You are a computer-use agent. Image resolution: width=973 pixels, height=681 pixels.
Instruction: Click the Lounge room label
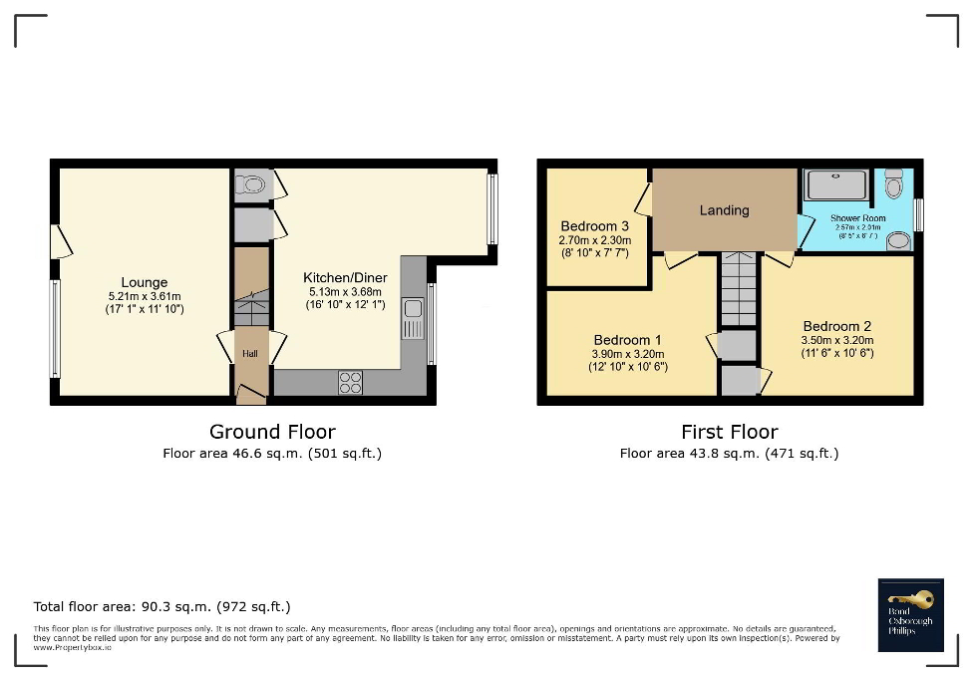pos(145,282)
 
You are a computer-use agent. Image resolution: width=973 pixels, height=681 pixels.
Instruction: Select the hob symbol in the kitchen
pos(351,382)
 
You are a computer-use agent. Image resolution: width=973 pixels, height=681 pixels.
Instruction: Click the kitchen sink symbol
pos(413,319)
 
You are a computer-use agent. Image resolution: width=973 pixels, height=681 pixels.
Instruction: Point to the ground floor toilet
pos(252,183)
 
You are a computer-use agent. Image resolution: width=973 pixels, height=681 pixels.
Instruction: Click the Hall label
pos(250,353)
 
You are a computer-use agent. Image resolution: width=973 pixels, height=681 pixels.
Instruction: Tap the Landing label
pos(724,210)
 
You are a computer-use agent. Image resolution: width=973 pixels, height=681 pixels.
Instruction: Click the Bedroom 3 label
pos(594,226)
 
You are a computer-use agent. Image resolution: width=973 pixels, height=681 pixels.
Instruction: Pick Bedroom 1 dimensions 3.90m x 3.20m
pos(628,354)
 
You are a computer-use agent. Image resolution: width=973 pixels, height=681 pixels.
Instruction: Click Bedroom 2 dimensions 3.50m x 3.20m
pos(836,340)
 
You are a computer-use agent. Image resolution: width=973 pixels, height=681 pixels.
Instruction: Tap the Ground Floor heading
pos(271,432)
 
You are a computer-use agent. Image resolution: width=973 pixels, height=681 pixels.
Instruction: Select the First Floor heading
pos(729,432)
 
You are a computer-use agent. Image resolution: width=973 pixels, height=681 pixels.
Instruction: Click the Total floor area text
pos(162,606)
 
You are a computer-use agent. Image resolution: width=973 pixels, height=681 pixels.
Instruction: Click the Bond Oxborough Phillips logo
pos(910,614)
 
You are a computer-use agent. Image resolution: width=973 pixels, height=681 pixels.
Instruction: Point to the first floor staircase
pos(739,289)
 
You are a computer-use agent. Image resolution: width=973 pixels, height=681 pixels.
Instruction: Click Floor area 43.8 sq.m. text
pos(729,454)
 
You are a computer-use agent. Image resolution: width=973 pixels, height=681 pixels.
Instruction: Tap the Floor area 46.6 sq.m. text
pos(271,454)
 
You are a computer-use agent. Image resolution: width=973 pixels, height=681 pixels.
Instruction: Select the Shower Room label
pos(857,218)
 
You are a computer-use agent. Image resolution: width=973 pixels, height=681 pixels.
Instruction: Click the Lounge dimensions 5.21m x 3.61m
pos(145,296)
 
